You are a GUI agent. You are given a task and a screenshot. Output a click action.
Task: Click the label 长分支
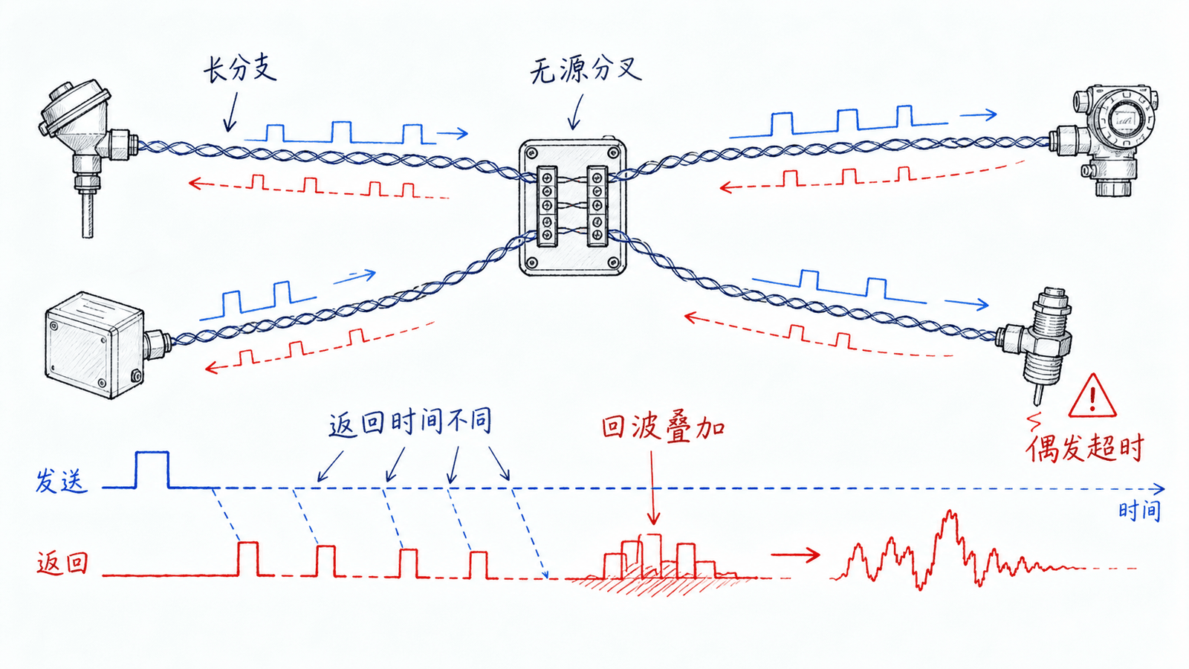241,70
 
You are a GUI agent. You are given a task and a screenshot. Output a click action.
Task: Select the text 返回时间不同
409,423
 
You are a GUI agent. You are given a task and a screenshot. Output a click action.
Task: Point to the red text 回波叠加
663,427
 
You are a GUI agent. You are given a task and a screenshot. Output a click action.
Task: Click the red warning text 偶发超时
1084,449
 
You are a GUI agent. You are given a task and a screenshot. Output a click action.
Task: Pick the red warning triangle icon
1092,396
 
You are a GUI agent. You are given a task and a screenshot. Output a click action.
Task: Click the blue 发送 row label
61,482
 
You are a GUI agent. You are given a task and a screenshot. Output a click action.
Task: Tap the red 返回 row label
62,563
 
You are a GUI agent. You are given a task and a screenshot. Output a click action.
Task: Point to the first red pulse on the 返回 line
248,558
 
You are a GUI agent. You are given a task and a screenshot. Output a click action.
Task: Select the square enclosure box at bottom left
94,344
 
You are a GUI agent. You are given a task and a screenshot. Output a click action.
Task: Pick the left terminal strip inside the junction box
547,206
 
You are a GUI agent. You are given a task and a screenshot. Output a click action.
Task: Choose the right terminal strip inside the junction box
597,206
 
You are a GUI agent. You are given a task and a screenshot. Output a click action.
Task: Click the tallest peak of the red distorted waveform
950,513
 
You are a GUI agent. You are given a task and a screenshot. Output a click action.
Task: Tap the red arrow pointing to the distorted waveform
796,555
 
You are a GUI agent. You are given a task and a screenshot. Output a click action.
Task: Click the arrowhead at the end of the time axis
1159,489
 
